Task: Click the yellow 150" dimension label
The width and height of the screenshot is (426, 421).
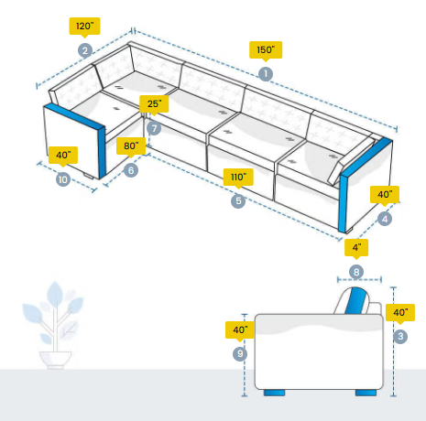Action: point(266,49)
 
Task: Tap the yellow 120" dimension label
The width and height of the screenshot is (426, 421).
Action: point(85,27)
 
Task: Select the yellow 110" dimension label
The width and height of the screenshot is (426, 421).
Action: point(238,177)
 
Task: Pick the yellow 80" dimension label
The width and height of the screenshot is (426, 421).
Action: point(131,146)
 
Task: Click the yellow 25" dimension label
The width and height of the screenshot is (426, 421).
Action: point(154,103)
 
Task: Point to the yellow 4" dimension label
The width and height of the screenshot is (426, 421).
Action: point(356,247)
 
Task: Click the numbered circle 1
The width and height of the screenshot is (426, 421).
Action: point(266,74)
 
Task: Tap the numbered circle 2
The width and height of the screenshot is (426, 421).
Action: point(85,50)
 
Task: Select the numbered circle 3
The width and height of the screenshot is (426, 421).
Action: point(400,337)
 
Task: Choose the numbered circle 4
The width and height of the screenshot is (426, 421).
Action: point(385,219)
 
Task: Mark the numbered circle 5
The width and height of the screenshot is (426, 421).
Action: point(238,201)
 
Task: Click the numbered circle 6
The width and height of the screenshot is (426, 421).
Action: point(131,170)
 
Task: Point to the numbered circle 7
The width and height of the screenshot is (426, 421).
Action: point(154,128)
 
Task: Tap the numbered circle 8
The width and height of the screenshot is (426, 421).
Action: point(356,272)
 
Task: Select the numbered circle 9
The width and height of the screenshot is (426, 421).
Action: point(240,354)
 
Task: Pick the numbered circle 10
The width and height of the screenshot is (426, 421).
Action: point(63,179)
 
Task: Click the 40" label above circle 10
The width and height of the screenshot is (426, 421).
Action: point(63,156)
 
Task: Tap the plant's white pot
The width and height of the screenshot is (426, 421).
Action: point(55,360)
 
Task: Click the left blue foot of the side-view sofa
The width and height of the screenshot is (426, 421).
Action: point(274,393)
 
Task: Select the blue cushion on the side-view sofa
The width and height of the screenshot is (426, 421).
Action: point(355,301)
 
